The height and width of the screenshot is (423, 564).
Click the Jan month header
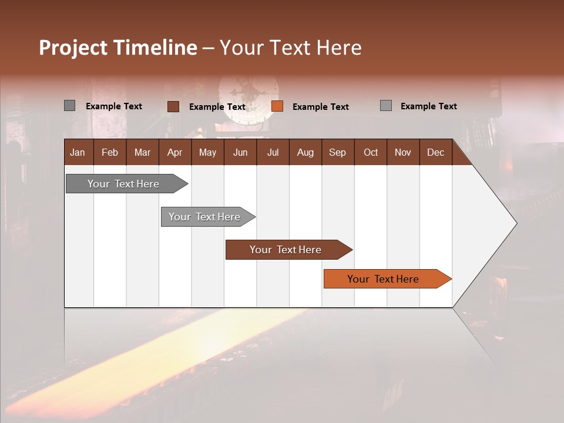[78, 152]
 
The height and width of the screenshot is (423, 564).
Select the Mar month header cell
[142, 152]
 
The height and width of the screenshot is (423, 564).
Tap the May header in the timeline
[207, 152]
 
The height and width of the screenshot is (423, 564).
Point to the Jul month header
[273, 152]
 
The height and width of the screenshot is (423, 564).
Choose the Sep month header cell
[338, 152]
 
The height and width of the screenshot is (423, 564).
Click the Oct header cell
[371, 152]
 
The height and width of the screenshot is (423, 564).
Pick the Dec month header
[436, 152]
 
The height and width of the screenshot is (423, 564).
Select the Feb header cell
[110, 152]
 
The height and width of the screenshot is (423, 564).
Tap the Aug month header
[305, 152]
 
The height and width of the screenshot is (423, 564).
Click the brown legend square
[173, 106]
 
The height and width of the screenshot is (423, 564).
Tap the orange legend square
[277, 106]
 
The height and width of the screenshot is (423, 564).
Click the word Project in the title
[73, 48]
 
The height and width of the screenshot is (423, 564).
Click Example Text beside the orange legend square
[321, 107]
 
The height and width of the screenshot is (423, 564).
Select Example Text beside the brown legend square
[217, 107]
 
